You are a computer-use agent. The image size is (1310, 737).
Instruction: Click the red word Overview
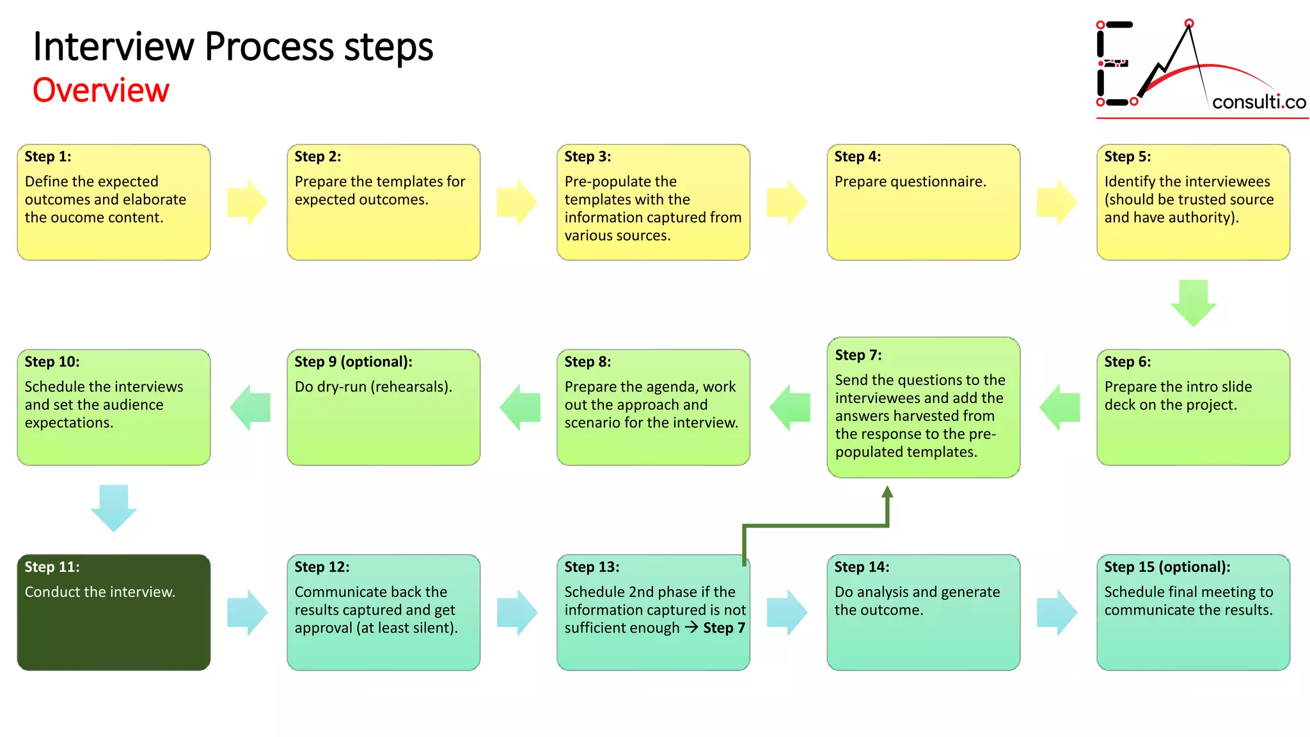(x=101, y=90)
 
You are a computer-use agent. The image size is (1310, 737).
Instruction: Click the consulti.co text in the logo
(x=1258, y=102)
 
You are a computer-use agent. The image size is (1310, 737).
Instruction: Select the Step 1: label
(x=48, y=157)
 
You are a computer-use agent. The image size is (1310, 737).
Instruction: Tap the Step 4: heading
(x=857, y=157)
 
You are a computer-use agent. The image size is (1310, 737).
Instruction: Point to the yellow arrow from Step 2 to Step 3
(x=517, y=202)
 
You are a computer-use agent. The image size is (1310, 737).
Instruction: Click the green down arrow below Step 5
(x=1193, y=303)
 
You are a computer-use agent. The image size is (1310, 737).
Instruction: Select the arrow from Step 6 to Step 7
(x=1060, y=408)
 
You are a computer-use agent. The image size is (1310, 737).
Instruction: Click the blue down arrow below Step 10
(x=114, y=508)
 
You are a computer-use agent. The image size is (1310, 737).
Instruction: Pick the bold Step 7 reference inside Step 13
(x=724, y=628)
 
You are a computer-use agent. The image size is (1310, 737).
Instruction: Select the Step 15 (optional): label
(x=1167, y=567)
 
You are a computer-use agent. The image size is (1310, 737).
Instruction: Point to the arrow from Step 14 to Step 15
(x=1057, y=612)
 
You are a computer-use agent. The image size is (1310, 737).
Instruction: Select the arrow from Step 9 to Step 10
(x=250, y=408)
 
